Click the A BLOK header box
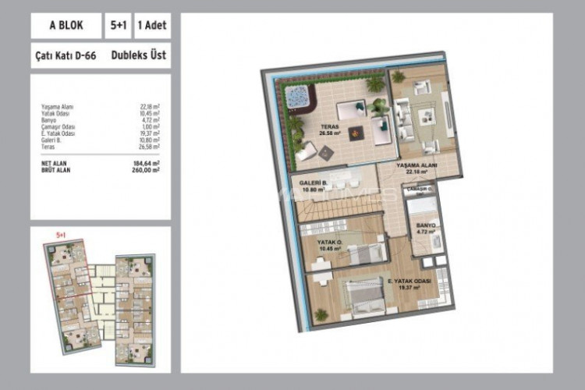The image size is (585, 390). pos(66,26)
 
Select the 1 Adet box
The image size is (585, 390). pos(151,26)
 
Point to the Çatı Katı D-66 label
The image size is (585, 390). pos(66,56)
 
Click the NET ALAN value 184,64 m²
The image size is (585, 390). pos(146,162)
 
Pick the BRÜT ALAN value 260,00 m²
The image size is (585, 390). pos(146,168)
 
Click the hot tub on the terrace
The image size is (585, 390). pos(297,97)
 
